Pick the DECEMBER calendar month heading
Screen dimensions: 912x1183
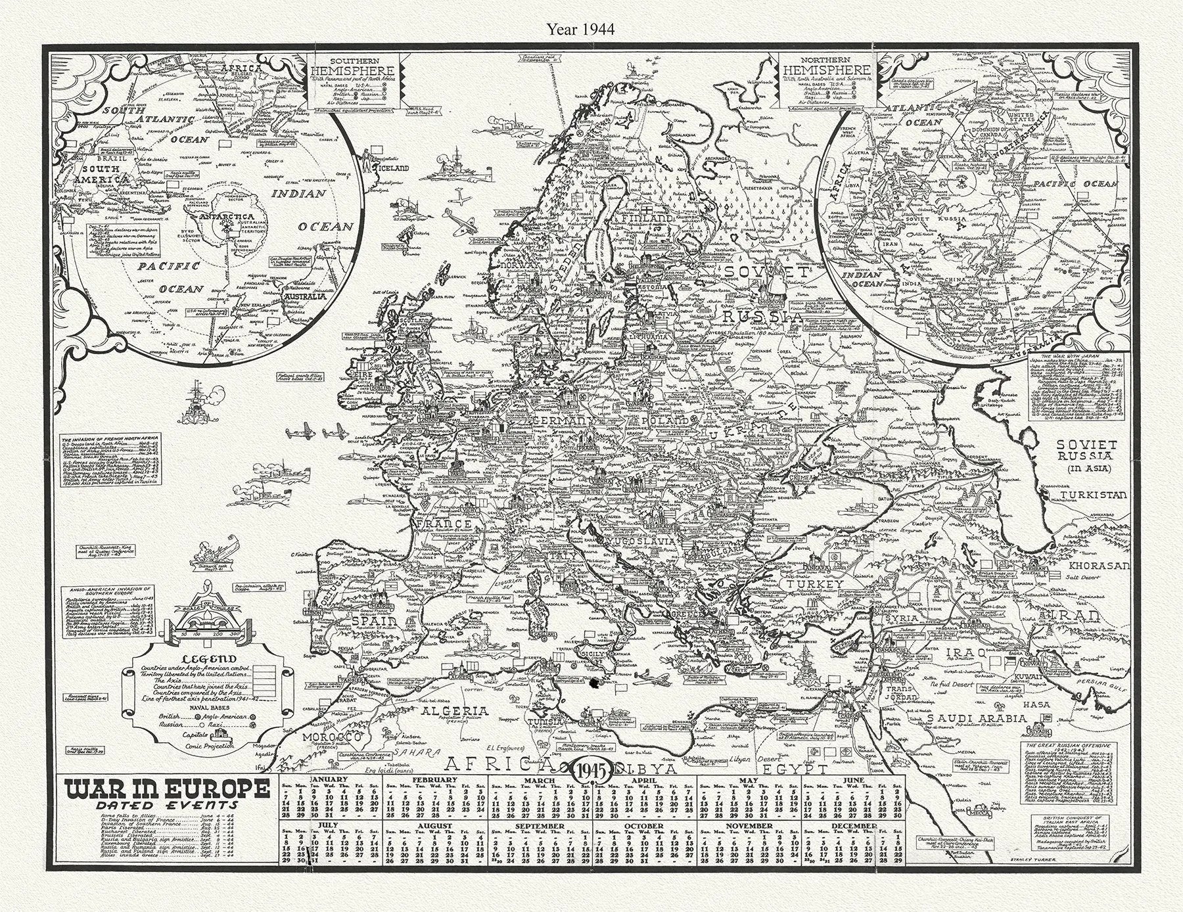click(853, 826)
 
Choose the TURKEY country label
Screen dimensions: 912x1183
click(817, 584)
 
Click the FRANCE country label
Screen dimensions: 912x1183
click(449, 524)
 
